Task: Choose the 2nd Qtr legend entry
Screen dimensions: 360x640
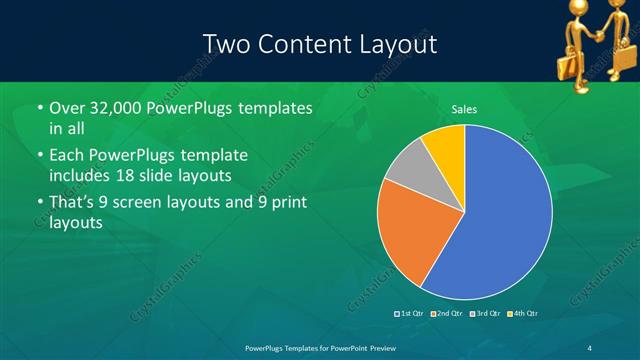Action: pos(446,314)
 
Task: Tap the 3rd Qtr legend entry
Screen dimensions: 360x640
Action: pos(485,314)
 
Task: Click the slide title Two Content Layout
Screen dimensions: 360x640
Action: pos(319,44)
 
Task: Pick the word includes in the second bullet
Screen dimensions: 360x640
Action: pos(79,177)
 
